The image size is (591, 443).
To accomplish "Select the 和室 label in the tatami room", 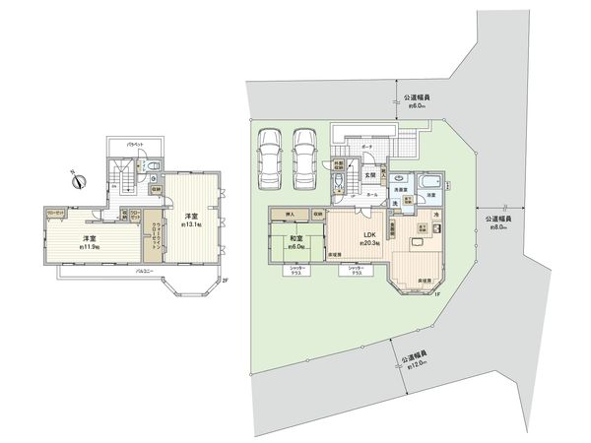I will point(295,239).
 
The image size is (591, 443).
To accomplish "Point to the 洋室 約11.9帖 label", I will point(90,241).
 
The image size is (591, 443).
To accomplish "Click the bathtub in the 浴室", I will point(430,182).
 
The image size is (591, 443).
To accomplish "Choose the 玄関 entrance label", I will point(369,175).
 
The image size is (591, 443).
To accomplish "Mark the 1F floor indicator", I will point(433,294).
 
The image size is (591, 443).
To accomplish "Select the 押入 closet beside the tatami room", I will point(291,214).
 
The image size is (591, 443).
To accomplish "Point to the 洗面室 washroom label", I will point(401,187).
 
